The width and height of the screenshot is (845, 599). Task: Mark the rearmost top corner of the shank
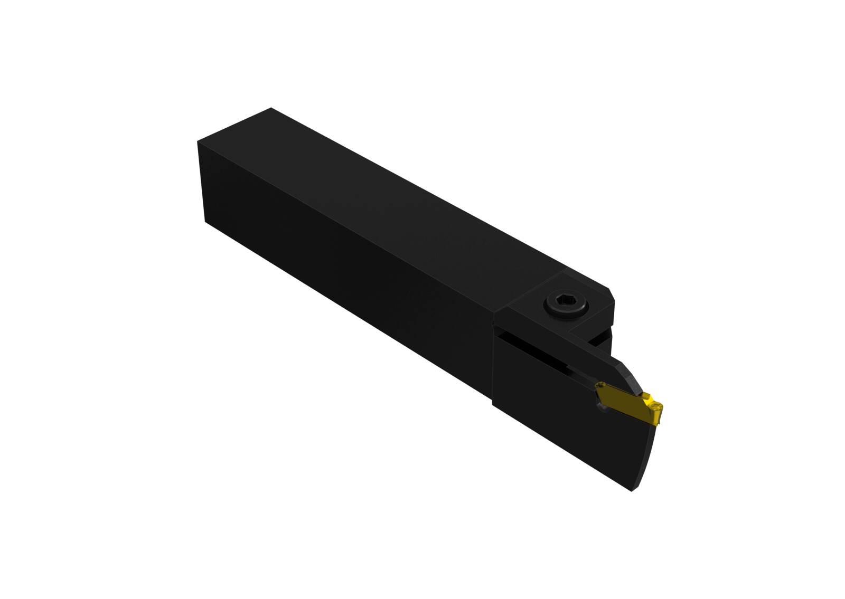pos(270,109)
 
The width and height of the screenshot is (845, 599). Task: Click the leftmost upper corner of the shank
pos(198,141)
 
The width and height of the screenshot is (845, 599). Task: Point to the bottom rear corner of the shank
pos(205,222)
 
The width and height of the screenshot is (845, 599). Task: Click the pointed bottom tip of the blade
pos(632,491)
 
